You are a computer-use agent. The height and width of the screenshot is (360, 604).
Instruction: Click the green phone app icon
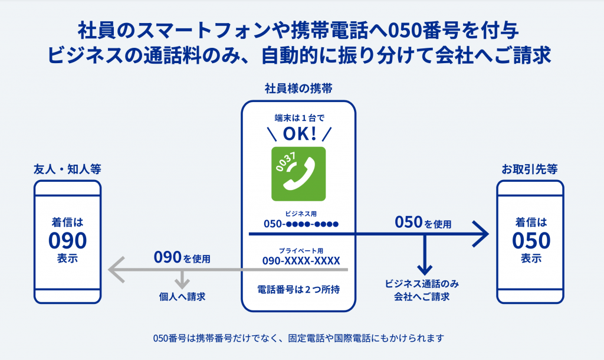point(298,174)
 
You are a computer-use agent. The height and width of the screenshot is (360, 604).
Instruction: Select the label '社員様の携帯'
point(298,89)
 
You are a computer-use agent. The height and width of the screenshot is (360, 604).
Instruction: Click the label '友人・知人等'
point(67,169)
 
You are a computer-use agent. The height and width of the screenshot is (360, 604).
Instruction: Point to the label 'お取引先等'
point(530,169)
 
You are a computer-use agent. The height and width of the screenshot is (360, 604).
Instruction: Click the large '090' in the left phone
point(67,241)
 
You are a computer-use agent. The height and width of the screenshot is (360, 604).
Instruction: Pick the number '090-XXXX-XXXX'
point(301,261)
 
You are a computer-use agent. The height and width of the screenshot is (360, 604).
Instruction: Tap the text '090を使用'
point(182,258)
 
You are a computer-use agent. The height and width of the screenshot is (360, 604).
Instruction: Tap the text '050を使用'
point(423,223)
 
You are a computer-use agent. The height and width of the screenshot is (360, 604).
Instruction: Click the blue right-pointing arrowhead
point(481,234)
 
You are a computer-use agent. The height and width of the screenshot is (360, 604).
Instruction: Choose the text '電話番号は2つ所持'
point(298,290)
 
